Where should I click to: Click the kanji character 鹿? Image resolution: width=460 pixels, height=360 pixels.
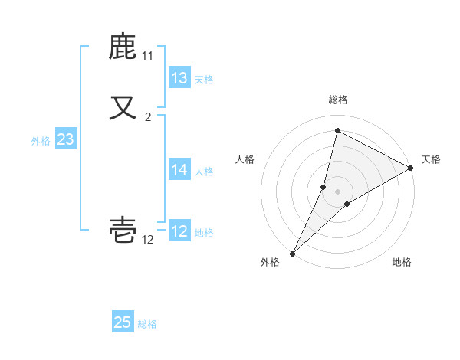tap(123, 47)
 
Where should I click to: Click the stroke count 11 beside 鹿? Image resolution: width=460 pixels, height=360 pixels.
tap(148, 56)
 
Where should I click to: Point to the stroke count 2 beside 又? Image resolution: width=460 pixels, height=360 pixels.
tap(148, 117)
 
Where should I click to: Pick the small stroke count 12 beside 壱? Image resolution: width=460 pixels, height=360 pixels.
tap(148, 240)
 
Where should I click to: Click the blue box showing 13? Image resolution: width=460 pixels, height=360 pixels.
tap(179, 78)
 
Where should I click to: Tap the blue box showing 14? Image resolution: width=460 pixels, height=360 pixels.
tap(179, 170)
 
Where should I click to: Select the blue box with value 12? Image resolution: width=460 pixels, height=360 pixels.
tap(179, 231)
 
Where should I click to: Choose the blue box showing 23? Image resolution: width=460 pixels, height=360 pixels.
tap(65, 139)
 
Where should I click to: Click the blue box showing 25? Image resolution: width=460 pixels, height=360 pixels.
tap(123, 322)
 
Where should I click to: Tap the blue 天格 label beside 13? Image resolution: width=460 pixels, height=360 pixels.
tap(204, 80)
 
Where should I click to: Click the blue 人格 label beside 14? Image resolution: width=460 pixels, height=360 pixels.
tap(204, 172)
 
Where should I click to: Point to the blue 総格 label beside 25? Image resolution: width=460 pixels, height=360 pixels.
tap(147, 324)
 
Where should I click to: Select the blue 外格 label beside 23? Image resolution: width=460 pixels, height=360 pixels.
tap(41, 141)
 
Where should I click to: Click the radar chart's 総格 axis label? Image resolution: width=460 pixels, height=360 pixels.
tap(338, 100)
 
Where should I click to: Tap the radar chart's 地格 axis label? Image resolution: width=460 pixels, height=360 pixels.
tap(402, 262)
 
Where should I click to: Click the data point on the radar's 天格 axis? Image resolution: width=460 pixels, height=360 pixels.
tap(411, 168)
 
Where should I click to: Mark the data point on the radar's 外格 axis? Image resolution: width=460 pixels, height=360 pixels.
tap(292, 253)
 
